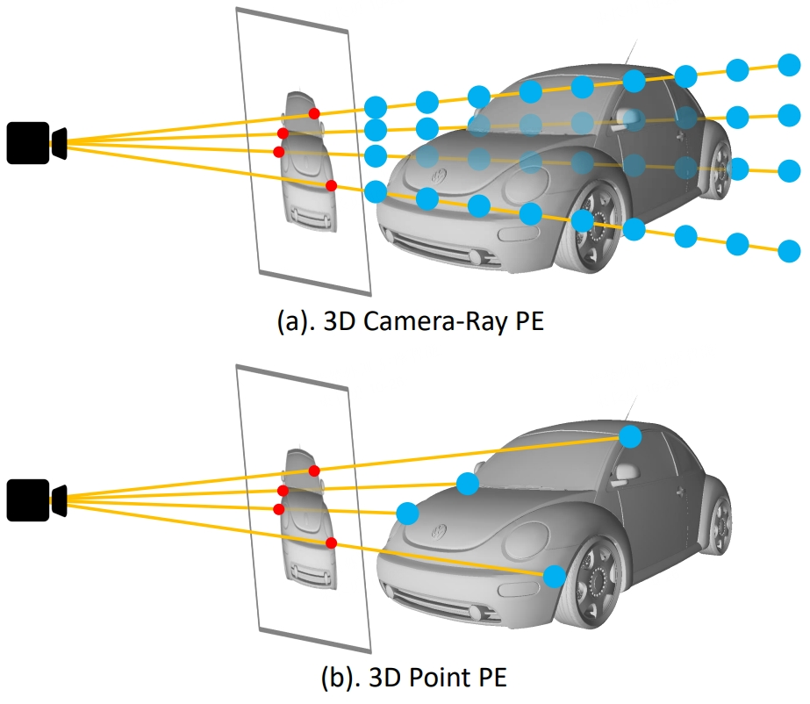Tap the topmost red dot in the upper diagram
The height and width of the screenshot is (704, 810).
point(314,114)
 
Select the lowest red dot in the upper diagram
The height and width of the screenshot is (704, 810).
point(331,185)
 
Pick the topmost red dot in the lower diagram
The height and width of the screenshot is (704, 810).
point(314,471)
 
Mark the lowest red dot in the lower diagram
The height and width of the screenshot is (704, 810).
point(331,542)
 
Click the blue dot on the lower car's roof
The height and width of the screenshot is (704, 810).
point(630,435)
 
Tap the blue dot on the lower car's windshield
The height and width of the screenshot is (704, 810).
point(468,483)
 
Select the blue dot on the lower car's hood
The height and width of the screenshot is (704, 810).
point(406,513)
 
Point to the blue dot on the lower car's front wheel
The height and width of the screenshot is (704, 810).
point(553,576)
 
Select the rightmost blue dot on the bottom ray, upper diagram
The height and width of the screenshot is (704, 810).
point(789,248)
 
